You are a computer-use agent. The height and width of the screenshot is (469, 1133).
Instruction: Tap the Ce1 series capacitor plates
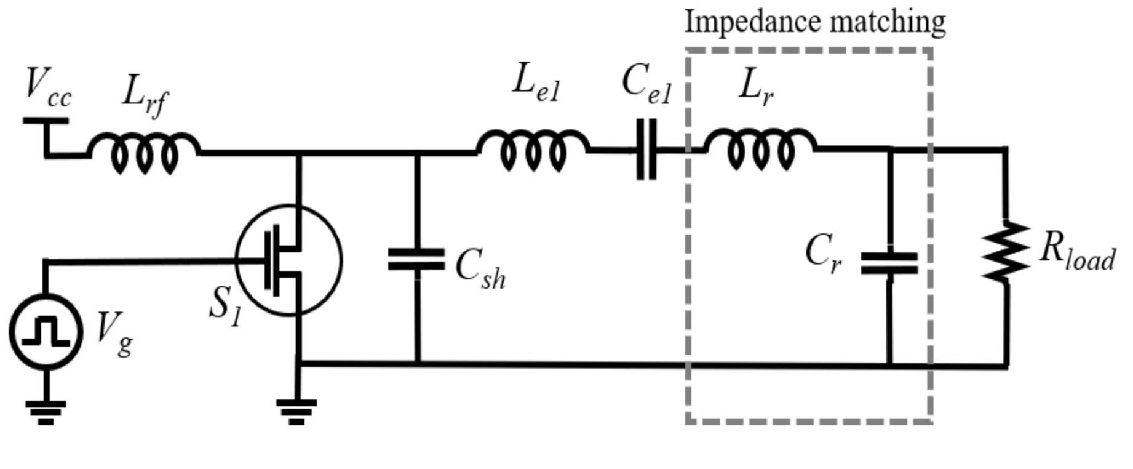click(646, 150)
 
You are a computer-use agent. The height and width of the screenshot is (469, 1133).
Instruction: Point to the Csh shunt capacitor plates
click(416, 260)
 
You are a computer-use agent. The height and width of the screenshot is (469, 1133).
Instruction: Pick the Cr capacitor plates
click(889, 263)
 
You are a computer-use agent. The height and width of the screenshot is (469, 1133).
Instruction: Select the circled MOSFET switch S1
click(288, 260)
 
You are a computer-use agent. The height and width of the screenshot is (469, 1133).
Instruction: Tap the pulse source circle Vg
click(46, 332)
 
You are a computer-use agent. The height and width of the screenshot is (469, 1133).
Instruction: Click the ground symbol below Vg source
click(46, 412)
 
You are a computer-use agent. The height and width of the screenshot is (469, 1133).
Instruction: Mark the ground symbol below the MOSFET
click(296, 411)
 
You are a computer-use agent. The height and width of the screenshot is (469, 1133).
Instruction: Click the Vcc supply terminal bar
click(46, 121)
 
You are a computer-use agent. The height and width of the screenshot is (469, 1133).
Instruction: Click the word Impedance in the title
click(752, 22)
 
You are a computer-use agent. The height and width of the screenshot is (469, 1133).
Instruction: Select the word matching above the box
click(888, 23)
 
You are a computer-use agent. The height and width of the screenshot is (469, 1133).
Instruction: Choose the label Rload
click(1076, 252)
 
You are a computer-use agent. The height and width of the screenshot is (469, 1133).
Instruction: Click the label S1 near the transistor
click(225, 306)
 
